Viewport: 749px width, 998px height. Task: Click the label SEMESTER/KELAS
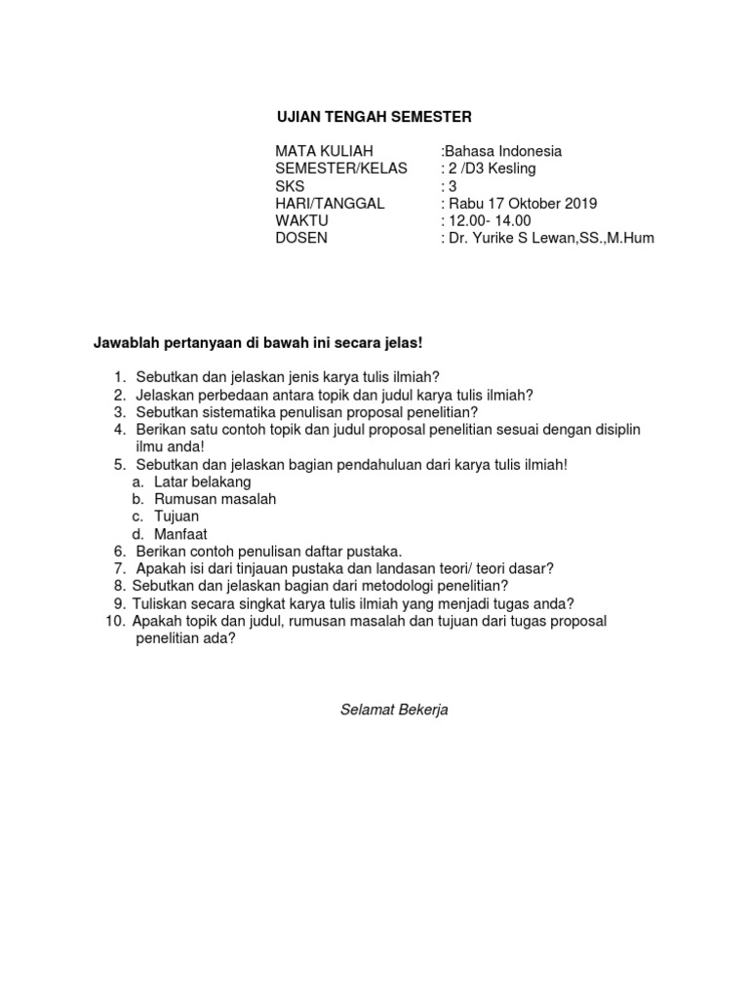click(x=341, y=169)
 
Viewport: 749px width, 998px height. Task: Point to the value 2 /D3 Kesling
click(x=491, y=169)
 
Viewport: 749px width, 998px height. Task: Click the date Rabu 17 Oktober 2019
click(x=521, y=204)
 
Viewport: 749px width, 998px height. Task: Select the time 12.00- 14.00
click(x=489, y=221)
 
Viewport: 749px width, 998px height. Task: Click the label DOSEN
click(x=301, y=239)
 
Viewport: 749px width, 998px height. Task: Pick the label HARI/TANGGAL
click(x=330, y=204)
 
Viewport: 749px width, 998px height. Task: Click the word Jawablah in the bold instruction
click(x=126, y=343)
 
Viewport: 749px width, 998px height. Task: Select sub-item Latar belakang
click(x=203, y=481)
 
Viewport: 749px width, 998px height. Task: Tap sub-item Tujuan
click(x=177, y=517)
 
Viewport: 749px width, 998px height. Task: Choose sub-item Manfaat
click(x=180, y=534)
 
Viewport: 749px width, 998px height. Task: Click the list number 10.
click(x=114, y=621)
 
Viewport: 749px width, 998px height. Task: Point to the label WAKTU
click(x=302, y=221)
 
